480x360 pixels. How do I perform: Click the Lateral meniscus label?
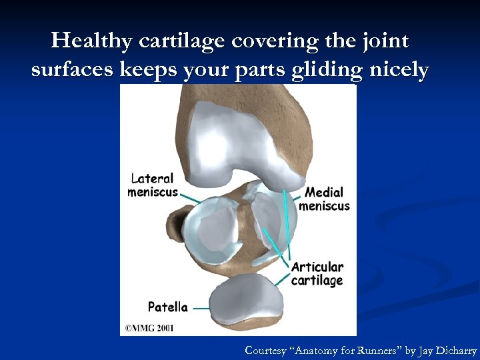click(153, 185)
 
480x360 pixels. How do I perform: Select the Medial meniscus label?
click(325, 199)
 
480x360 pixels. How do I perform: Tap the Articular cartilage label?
click(317, 273)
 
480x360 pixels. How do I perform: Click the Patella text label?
click(167, 307)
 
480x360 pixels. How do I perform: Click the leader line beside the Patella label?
click(201, 309)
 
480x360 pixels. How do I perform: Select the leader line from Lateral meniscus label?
click(190, 198)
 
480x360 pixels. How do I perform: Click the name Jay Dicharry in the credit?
click(448, 350)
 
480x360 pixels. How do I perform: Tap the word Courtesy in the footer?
click(266, 350)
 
